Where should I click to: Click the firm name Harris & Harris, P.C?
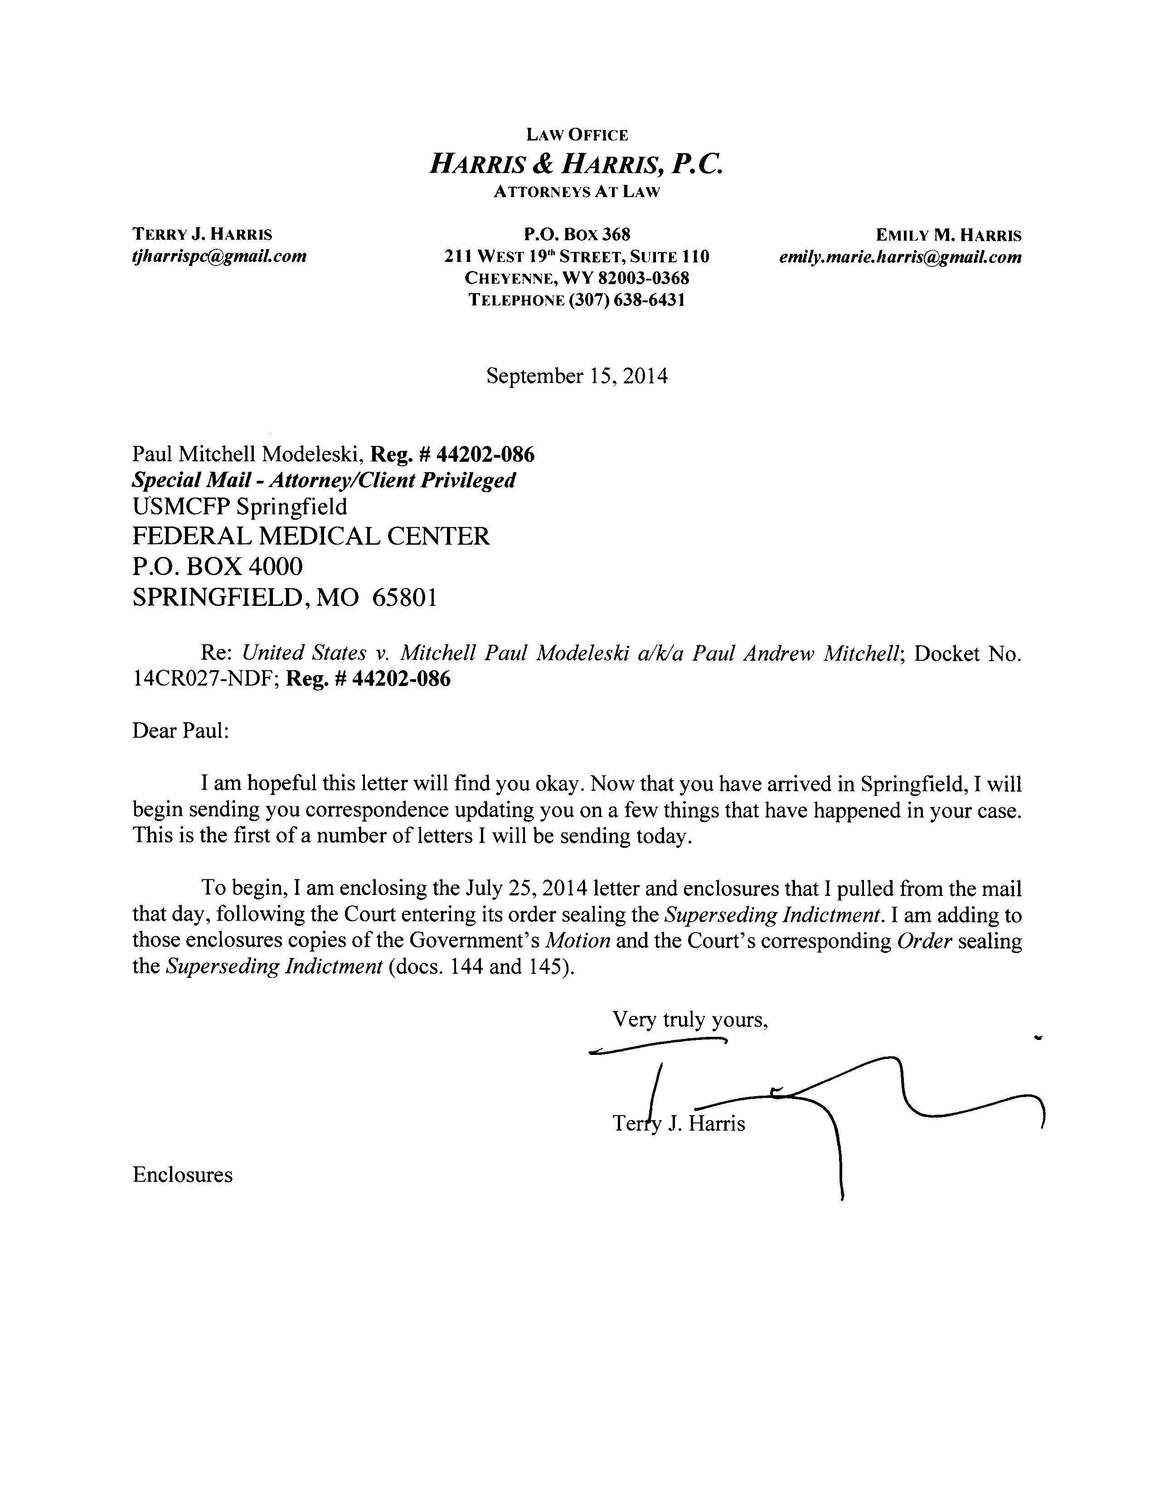tap(575, 164)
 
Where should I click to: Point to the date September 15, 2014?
tap(577, 376)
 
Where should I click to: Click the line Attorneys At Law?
tap(577, 192)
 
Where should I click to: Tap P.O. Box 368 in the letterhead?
tap(577, 235)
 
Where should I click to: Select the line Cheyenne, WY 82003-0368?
tap(577, 278)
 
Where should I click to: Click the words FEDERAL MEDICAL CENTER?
tap(311, 537)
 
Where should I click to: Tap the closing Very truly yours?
tap(689, 1020)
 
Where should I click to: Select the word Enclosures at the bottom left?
tap(182, 1175)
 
